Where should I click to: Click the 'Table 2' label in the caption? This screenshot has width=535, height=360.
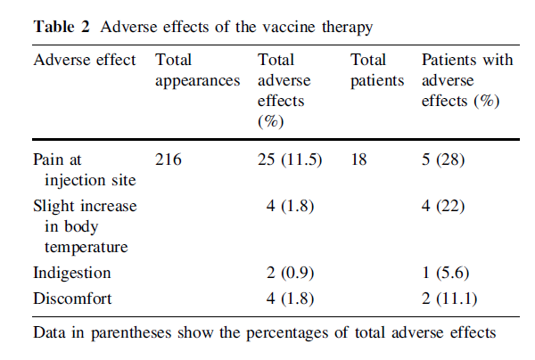[62, 25]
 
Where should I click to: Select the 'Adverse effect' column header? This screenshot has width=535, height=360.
[85, 61]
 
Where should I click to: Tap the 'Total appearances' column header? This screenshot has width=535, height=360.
[197, 70]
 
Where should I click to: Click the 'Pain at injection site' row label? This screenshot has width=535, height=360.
[85, 171]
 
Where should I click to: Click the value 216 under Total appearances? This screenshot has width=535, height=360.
[168, 161]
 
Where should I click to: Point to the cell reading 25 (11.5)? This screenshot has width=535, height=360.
[289, 161]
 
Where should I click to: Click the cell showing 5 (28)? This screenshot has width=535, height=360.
[449, 161]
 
